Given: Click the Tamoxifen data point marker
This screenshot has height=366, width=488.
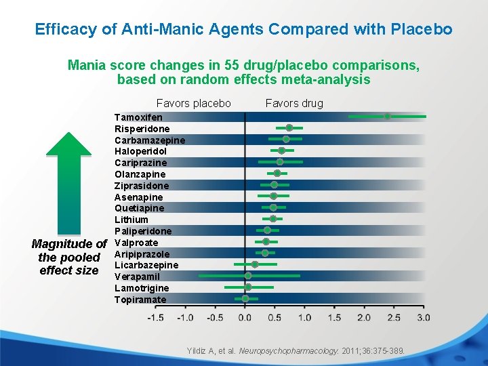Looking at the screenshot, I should (388, 117).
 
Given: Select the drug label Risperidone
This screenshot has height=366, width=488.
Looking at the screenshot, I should (142, 129).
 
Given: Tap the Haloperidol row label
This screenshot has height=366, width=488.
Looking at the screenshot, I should (140, 151).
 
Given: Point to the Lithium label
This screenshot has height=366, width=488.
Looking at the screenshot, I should (131, 220).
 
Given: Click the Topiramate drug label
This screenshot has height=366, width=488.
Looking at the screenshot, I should (140, 300).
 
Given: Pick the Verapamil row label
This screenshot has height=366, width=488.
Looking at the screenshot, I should (137, 277).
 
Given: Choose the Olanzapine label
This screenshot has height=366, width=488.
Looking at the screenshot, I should (140, 174).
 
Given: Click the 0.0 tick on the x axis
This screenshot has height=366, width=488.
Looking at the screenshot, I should (245, 317).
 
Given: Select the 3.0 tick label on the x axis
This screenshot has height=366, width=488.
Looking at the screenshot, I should (423, 317).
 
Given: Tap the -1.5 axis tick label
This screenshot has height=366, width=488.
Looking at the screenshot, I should (155, 317).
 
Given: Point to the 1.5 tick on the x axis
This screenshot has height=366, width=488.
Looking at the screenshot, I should (334, 317).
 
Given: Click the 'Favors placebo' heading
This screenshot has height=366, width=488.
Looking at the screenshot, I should (194, 103).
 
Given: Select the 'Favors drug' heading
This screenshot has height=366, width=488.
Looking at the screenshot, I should (294, 103).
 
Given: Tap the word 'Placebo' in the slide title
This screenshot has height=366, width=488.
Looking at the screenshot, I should (418, 30).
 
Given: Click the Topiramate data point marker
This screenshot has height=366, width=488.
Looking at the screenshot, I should (245, 298).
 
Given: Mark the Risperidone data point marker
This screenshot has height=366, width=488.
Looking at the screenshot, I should (289, 127).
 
